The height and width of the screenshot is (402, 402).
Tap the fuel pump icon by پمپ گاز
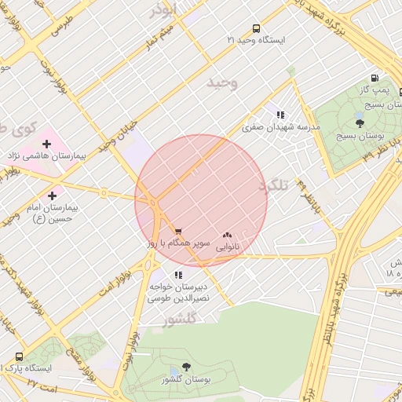375,79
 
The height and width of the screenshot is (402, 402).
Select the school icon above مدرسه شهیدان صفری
280,115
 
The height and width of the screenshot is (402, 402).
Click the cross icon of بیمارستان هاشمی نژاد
46,144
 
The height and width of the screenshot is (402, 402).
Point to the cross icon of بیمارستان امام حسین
52,196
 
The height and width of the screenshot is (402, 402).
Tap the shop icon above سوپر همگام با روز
178,232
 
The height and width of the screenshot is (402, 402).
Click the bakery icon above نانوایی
228,234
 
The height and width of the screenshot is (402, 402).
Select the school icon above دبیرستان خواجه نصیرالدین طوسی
178,275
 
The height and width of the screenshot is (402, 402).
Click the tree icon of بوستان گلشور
186,367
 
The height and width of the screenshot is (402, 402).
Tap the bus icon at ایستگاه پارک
19,356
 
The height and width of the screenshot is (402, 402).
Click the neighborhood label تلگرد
274,185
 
